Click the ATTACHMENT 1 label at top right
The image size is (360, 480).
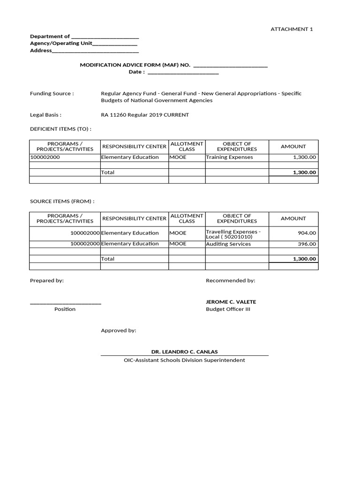292,29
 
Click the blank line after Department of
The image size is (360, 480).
105,37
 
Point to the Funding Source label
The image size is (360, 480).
52,93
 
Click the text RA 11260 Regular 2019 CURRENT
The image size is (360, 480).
145,115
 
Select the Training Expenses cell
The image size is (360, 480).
230,157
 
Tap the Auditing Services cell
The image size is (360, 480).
229,244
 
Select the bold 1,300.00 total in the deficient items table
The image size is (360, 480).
305,172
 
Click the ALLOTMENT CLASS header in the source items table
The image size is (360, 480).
187,218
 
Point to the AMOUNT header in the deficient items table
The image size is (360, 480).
293,146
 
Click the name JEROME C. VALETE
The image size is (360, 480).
231,302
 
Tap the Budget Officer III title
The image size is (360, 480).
228,309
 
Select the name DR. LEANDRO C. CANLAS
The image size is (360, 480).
184,352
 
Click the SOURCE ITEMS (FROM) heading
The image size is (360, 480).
62,201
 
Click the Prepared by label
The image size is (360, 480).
47,280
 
